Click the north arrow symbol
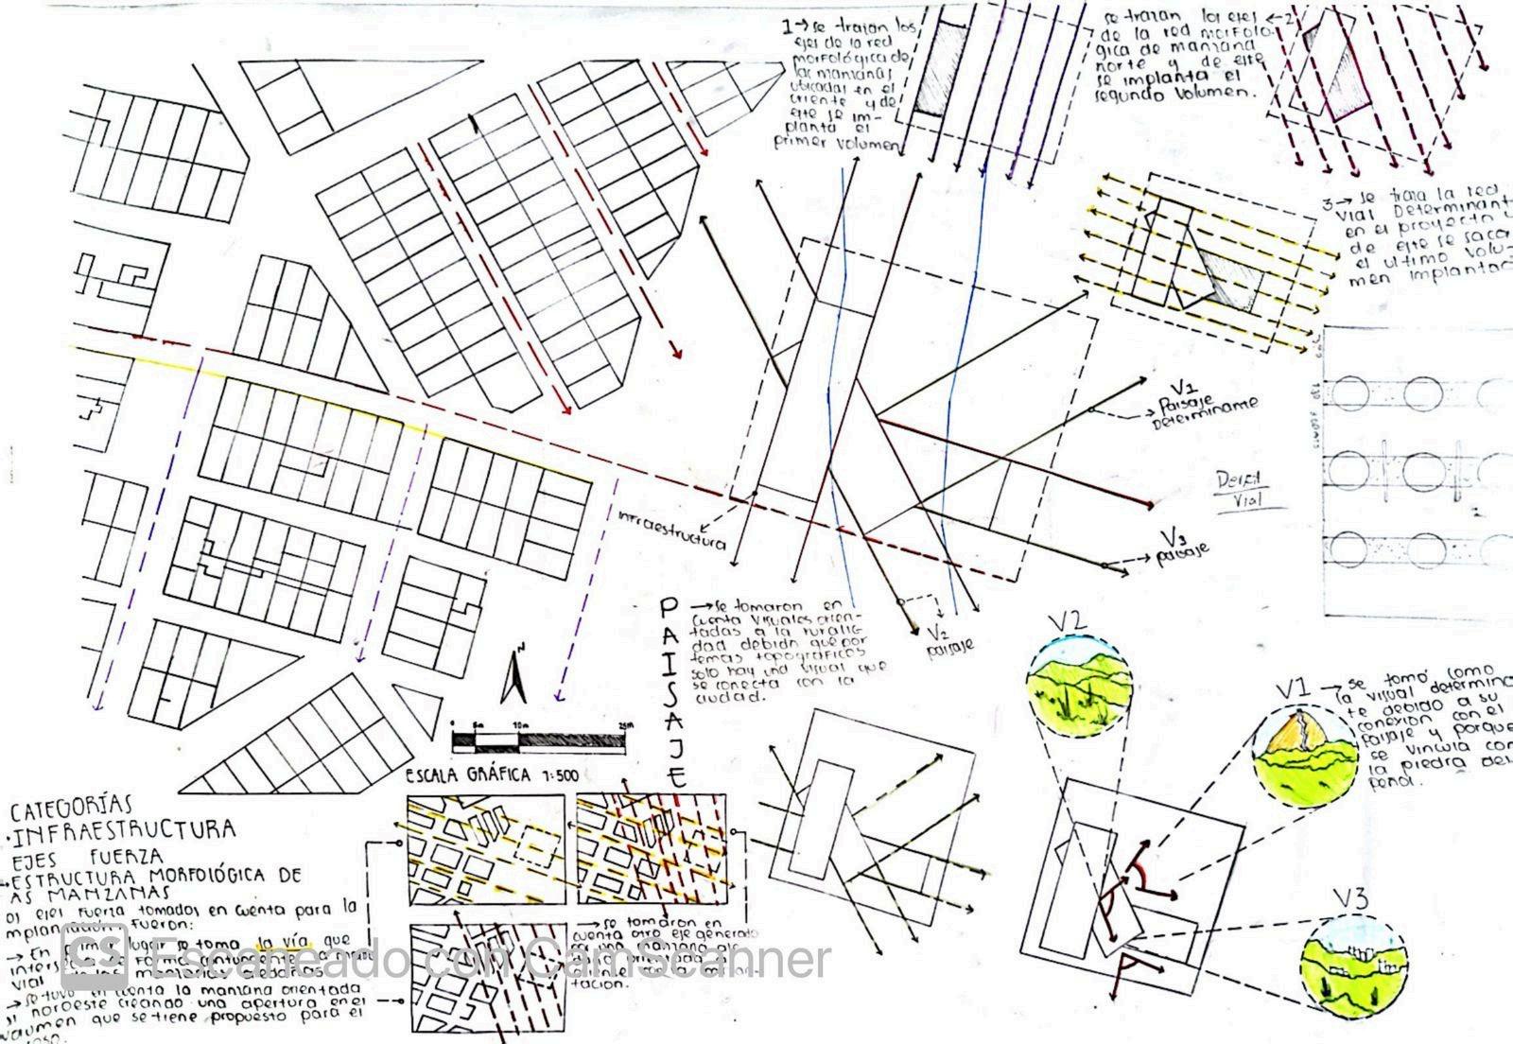(x=516, y=674)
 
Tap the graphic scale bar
(x=536, y=736)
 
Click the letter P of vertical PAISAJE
(x=670, y=607)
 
